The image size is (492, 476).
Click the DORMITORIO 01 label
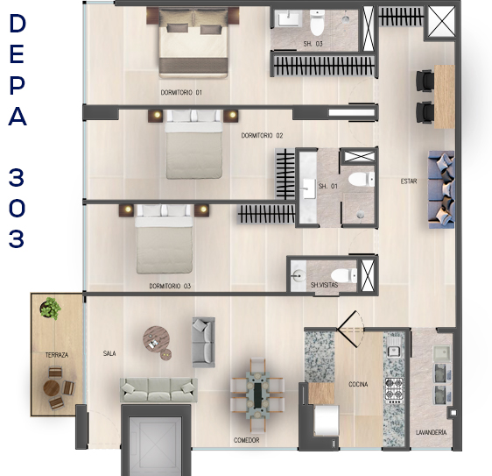(181, 92)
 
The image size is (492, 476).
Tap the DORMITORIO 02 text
(262, 135)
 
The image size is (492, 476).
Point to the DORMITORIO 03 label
(170, 286)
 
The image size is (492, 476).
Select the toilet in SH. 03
(317, 23)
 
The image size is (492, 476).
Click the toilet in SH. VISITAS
(343, 275)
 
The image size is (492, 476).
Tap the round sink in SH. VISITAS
(298, 275)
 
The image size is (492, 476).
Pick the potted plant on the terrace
(50, 308)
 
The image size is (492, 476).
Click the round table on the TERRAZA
(51, 388)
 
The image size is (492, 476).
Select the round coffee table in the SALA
(156, 339)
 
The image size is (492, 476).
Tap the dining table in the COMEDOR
(257, 395)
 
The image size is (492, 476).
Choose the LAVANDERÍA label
(431, 432)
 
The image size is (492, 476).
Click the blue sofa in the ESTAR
(441, 189)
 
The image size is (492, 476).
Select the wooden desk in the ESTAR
(445, 96)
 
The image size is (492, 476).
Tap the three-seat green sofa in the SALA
(158, 390)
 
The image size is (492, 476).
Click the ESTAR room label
(409, 181)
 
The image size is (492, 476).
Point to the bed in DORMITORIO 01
(193, 42)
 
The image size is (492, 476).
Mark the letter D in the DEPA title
(17, 24)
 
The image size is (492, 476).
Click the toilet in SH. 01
(362, 180)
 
